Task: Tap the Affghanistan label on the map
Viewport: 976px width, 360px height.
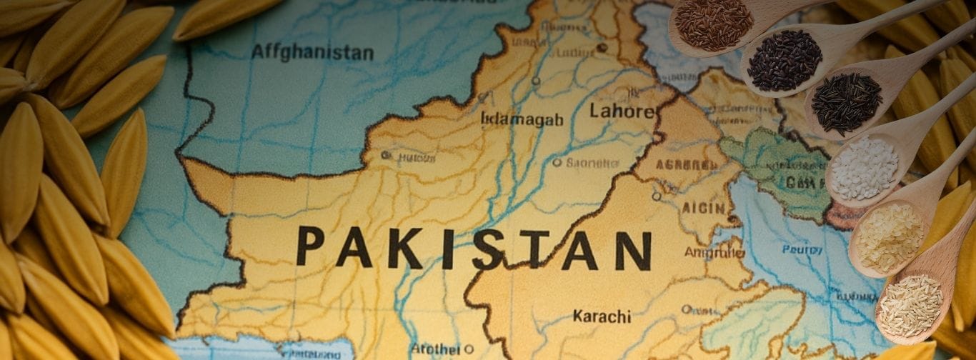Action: point(312,52)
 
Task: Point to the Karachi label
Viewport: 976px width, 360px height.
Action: point(602,316)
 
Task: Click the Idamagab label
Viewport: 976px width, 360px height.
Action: point(521,119)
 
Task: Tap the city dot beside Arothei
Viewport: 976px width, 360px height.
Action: point(469,349)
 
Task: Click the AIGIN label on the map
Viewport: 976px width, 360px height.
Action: point(704,208)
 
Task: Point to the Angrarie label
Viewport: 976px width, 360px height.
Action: point(714,252)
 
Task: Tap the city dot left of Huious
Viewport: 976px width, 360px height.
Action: point(386,155)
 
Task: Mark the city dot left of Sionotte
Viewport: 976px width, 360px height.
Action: point(557,162)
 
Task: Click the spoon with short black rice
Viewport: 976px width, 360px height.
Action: point(785,61)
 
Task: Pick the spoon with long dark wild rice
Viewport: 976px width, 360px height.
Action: point(847,103)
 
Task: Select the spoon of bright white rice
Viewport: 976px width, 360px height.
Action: point(864,169)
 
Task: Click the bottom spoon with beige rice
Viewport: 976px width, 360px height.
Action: point(910,306)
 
